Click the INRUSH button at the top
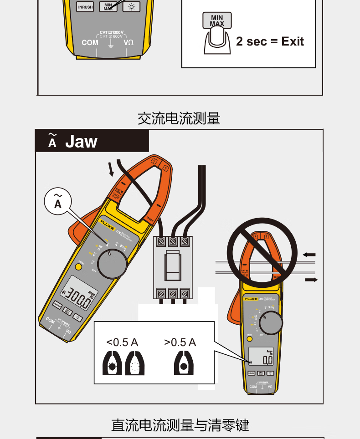tap(85, 7)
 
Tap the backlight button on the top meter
tap(132, 7)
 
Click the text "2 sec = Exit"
tap(270, 42)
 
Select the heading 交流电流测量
tap(179, 119)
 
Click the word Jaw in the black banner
tap(81, 142)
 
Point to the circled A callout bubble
tap(58, 201)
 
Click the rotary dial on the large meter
tap(112, 265)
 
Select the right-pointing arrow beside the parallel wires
tap(311, 279)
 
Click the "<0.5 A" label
tap(122, 342)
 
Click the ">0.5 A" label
tap(180, 342)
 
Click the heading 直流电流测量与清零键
tap(180, 425)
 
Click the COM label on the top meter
tap(90, 42)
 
